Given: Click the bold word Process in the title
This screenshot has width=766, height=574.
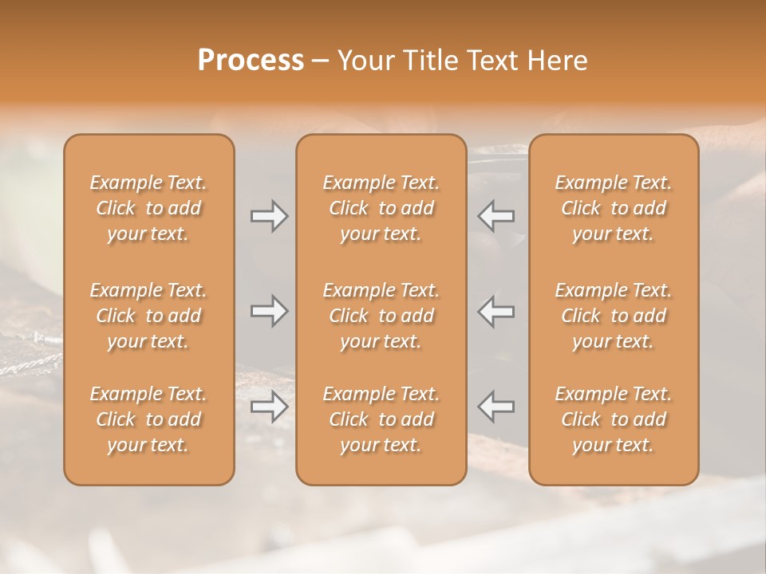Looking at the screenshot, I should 251,61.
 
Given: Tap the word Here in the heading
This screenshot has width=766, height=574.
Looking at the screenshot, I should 557,61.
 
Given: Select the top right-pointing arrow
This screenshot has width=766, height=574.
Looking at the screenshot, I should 270,216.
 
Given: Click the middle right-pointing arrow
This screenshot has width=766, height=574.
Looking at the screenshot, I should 270,311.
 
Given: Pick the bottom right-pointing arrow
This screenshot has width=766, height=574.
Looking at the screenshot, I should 270,407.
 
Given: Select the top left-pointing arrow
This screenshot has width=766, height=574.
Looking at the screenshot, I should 496,216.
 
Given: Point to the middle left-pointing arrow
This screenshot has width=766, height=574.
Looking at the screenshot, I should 496,311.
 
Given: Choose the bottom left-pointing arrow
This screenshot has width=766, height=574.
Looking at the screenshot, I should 496,407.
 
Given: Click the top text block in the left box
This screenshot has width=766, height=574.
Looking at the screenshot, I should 148,208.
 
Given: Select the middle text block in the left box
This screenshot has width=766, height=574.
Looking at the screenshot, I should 148,316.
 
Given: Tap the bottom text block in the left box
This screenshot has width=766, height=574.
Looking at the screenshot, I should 148,419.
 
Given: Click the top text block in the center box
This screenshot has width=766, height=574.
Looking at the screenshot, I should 381,208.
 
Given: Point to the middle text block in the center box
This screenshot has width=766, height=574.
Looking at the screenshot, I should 381,316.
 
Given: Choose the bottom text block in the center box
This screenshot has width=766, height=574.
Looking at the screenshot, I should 381,419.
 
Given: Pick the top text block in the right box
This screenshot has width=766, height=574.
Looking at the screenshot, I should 614,208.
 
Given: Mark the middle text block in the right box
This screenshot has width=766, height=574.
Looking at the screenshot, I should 614,316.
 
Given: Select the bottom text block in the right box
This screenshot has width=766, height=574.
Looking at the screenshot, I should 614,419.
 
